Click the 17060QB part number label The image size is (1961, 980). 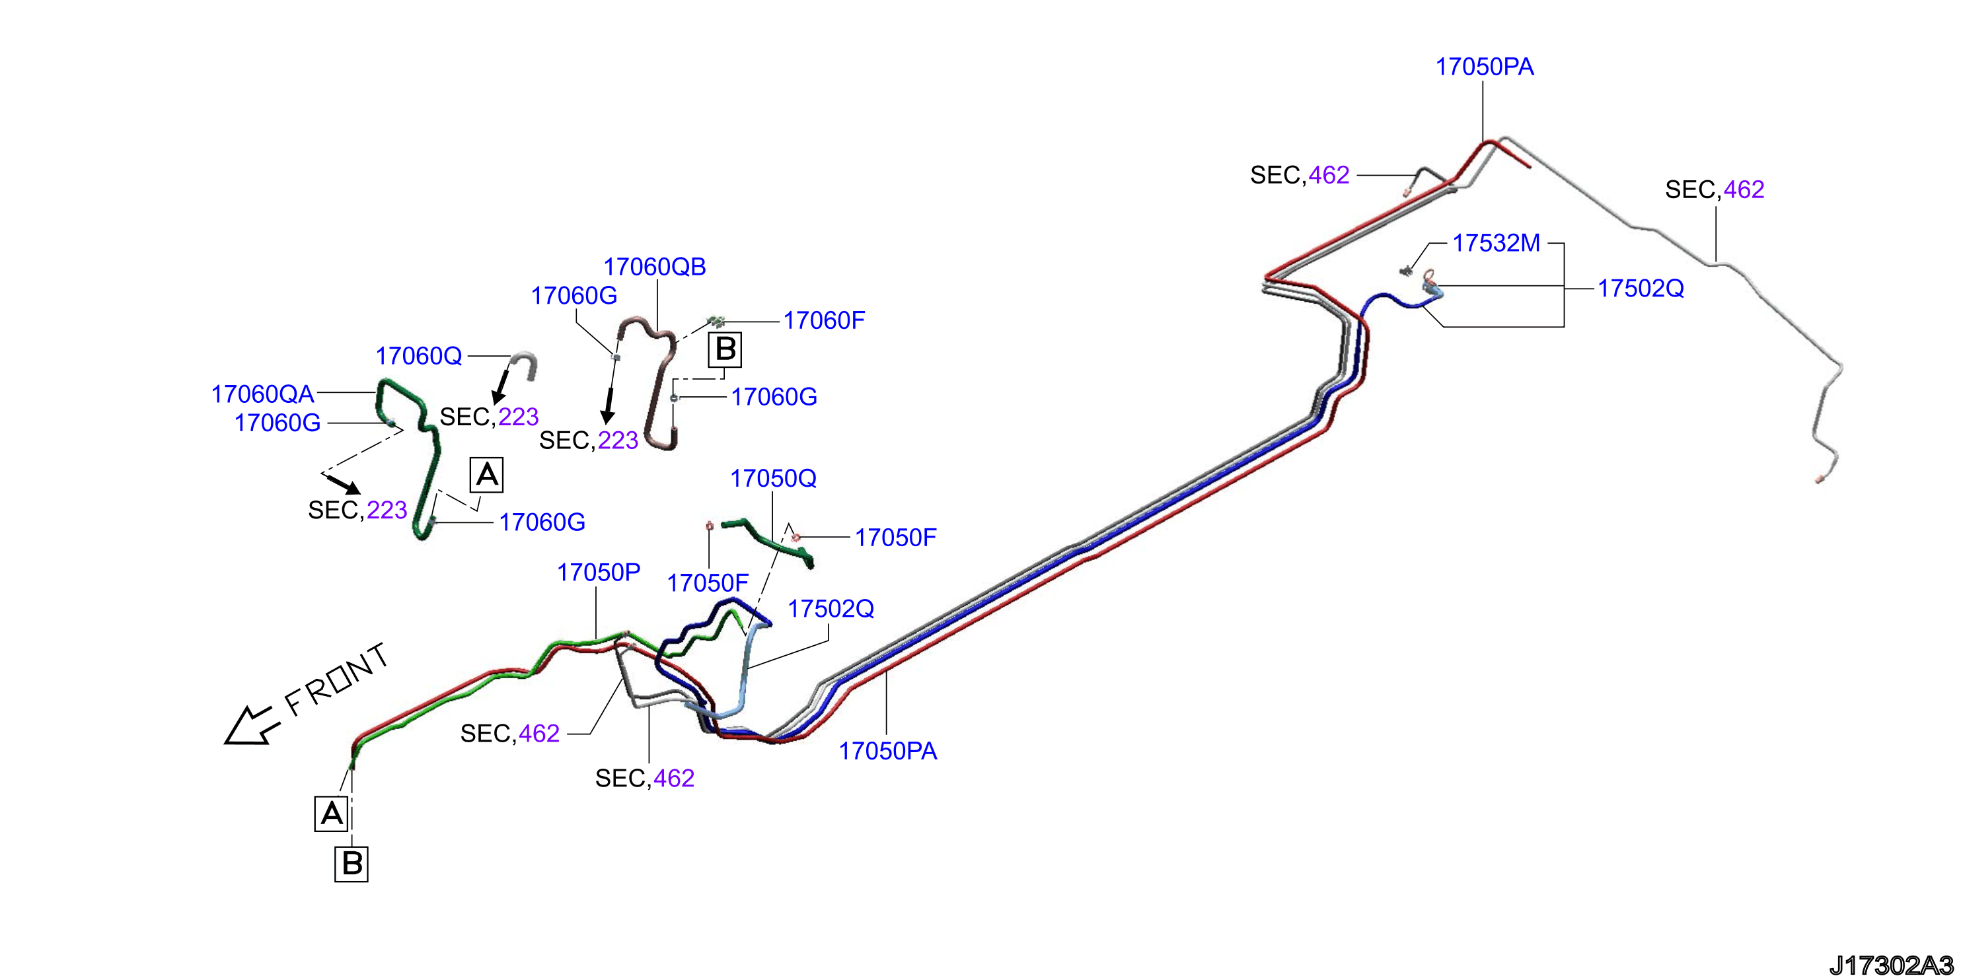pos(655,267)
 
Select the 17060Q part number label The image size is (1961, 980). pos(419,356)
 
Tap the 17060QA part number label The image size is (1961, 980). pos(263,394)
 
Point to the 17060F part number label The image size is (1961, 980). pos(825,321)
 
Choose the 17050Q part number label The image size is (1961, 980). pos(774,479)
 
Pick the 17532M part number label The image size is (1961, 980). pos(1497,244)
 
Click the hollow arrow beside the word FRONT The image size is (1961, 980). pos(250,726)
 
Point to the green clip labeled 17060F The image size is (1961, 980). pos(716,322)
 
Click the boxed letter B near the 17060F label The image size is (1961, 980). pos(725,350)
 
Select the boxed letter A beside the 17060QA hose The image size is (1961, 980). pos(487,475)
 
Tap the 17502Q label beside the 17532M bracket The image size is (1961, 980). pos(1641,289)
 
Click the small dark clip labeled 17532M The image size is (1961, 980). pos(1406,270)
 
